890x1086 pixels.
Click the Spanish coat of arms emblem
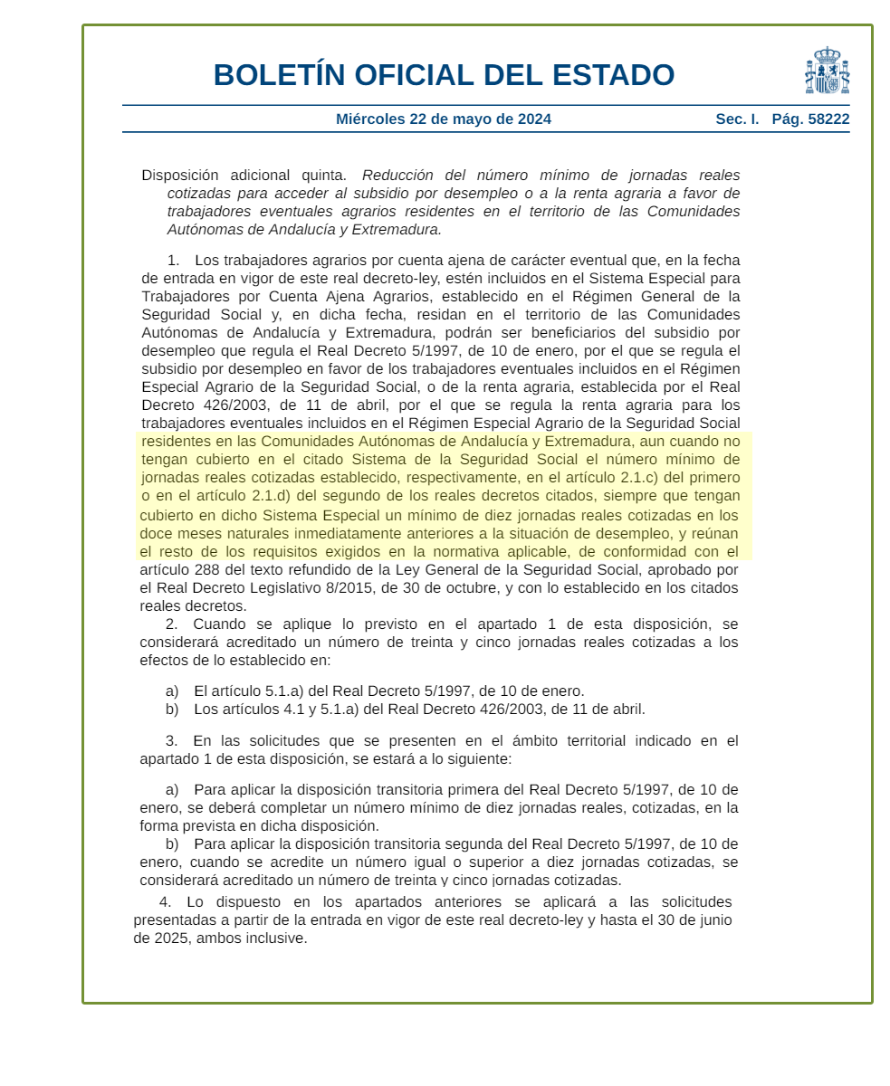[x=827, y=71]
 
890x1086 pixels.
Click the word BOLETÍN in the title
[x=280, y=75]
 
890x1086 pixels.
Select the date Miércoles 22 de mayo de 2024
[x=443, y=119]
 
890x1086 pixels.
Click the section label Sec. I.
[x=737, y=119]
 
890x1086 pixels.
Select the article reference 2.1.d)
[x=266, y=496]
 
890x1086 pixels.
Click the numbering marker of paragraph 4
[x=165, y=902]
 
